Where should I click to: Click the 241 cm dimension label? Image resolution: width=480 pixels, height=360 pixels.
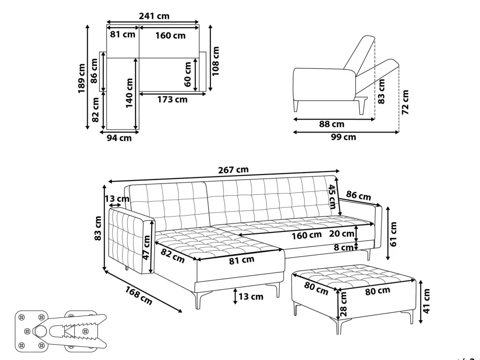click(154, 16)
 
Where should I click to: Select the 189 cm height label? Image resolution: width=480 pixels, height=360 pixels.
click(82, 78)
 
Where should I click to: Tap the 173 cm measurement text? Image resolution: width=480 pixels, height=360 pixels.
click(172, 99)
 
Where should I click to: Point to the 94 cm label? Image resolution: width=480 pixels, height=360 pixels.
click(119, 138)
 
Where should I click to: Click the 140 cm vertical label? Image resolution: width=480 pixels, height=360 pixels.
click(129, 93)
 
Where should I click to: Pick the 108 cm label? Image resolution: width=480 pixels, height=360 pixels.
click(216, 61)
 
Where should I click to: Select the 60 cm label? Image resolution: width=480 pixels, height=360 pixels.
click(188, 74)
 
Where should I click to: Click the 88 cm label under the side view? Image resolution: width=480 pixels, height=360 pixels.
click(332, 124)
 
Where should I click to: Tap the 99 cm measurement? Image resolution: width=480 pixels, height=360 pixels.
click(343, 136)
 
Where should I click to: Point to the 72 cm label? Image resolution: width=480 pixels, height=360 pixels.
click(405, 102)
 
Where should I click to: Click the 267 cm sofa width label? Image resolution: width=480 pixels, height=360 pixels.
click(233, 170)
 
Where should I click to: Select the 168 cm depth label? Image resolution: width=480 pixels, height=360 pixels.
click(139, 295)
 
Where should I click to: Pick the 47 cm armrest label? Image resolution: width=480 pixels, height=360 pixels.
click(146, 247)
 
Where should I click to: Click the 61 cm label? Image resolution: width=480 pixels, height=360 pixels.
click(393, 234)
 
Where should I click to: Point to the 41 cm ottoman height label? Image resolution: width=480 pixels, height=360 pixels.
click(427, 301)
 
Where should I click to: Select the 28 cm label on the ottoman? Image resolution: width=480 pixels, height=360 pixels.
click(343, 304)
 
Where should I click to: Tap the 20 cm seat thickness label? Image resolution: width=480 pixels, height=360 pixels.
click(341, 234)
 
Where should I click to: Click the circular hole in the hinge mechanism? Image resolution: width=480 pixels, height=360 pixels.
click(40, 331)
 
